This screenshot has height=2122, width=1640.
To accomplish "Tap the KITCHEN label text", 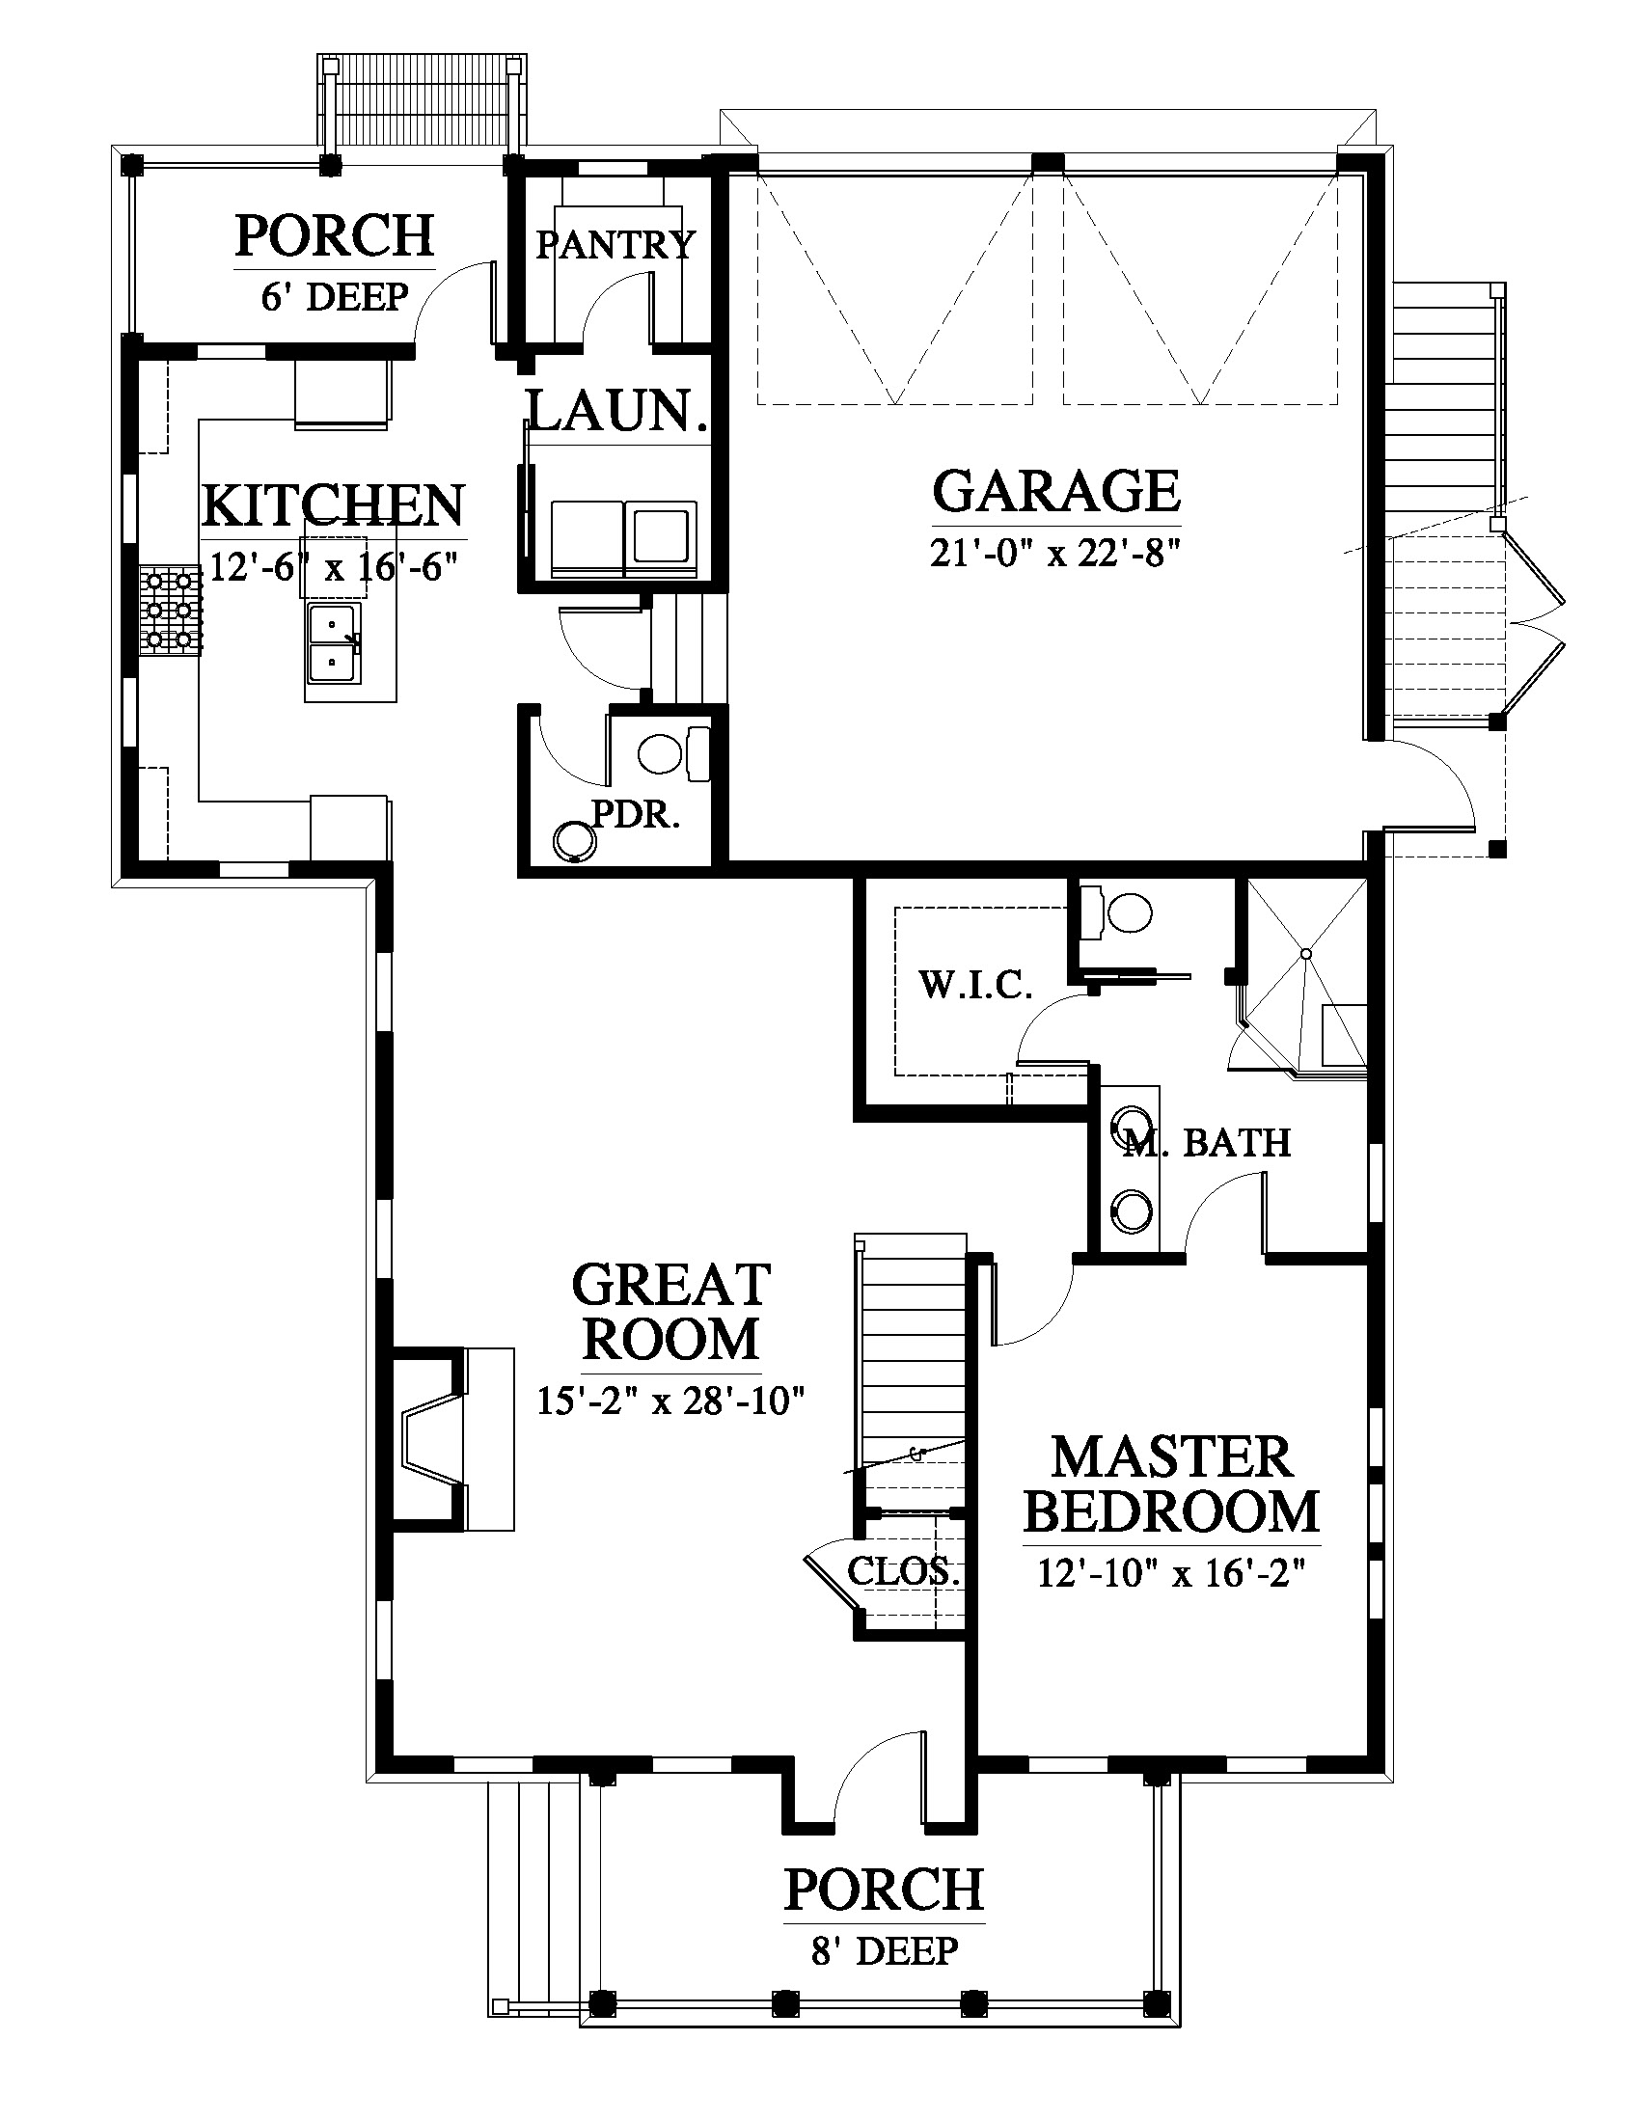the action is [333, 505].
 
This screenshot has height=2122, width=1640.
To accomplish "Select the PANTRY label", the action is [616, 244].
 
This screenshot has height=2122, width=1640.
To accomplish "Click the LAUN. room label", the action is [616, 411].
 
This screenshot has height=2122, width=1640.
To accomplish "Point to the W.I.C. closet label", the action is [975, 985].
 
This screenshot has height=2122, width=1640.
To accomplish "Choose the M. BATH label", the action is [1207, 1143].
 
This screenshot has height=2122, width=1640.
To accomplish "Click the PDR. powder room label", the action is [637, 814].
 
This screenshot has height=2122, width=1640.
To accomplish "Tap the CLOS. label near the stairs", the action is [904, 1571].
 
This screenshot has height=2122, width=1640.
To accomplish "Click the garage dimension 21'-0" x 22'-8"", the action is [1056, 554].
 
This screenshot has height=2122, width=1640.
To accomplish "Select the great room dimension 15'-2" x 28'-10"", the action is [671, 1401].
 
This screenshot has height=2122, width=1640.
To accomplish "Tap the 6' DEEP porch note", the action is [334, 296].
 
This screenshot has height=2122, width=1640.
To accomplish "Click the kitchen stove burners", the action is [171, 612].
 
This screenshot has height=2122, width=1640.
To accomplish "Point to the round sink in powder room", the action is [574, 841].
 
